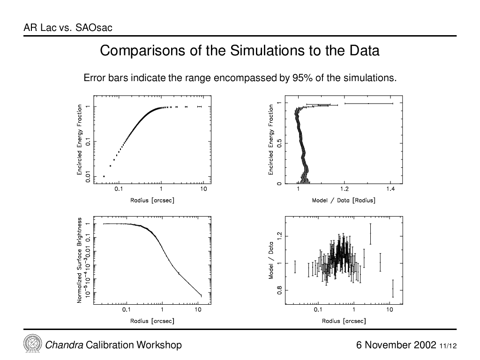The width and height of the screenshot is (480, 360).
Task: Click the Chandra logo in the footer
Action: point(32,344)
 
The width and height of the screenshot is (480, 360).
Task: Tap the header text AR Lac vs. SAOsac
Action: point(68,28)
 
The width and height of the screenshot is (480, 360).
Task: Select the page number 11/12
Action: point(448,346)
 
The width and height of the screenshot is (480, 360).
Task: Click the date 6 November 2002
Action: point(396,345)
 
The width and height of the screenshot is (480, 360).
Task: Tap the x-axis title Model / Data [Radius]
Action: point(344,201)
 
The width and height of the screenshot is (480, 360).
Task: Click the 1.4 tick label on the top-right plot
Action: point(390,189)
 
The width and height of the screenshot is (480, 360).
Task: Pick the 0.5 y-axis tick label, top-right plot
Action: point(279,143)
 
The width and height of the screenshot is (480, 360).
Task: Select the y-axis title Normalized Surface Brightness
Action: point(80,260)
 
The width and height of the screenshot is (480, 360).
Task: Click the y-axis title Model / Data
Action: point(271,260)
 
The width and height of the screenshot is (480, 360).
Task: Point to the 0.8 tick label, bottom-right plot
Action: point(279,290)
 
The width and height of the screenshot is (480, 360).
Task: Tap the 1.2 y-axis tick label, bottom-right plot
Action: point(279,236)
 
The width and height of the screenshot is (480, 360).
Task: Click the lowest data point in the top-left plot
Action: point(104,176)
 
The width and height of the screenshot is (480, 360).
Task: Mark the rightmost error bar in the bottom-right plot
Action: point(393,288)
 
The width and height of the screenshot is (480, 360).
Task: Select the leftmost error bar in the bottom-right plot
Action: point(295,267)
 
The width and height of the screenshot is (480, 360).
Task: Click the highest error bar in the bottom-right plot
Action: point(370,234)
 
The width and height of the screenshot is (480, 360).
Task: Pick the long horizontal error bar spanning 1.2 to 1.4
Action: point(368,104)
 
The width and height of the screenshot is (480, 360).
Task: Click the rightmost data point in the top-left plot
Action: point(200,106)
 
